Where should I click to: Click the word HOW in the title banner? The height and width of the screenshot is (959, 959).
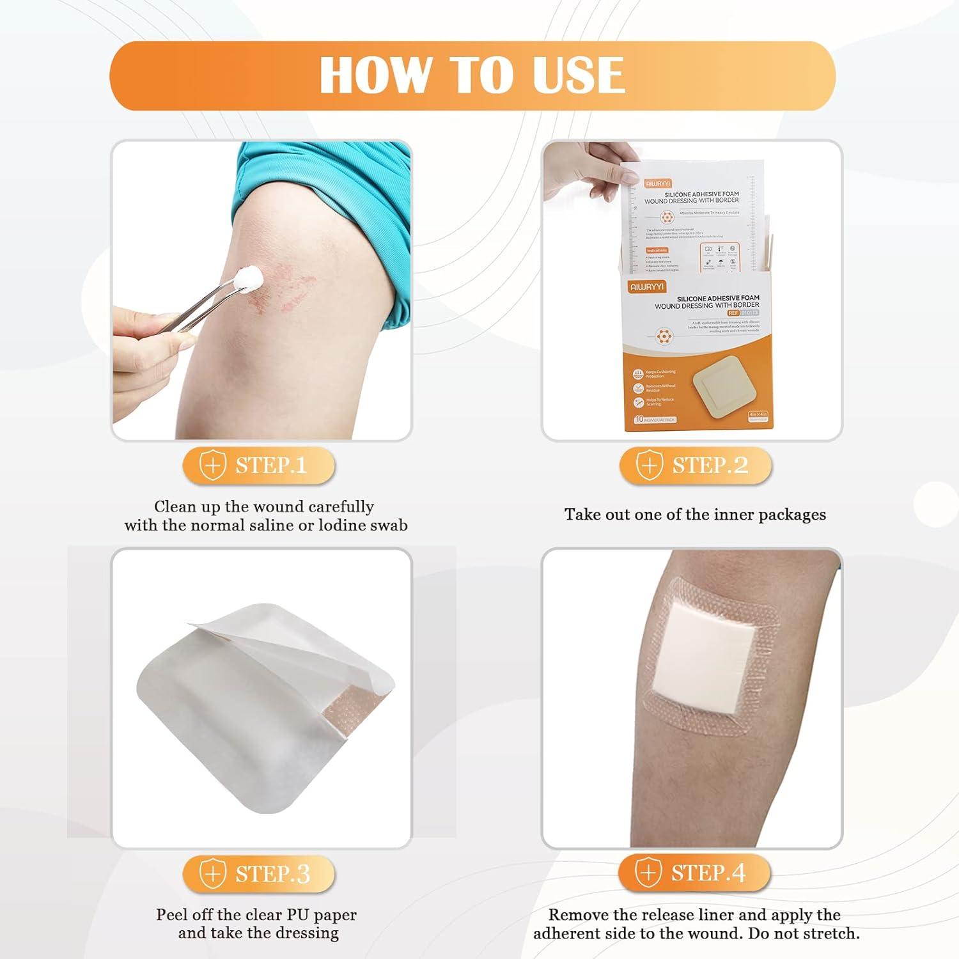click(375, 75)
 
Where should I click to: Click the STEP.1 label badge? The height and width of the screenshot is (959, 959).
click(259, 465)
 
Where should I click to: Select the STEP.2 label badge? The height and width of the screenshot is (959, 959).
click(696, 465)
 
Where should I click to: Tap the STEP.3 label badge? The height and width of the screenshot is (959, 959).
click(259, 873)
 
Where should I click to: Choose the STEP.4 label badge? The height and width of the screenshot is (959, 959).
click(694, 873)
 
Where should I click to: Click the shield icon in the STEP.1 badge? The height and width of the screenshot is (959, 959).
click(213, 465)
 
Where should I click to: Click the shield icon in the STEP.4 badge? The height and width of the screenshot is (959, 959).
click(648, 873)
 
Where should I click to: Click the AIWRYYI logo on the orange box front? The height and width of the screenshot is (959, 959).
click(647, 287)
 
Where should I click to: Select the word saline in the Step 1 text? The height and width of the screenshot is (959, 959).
click(279, 526)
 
